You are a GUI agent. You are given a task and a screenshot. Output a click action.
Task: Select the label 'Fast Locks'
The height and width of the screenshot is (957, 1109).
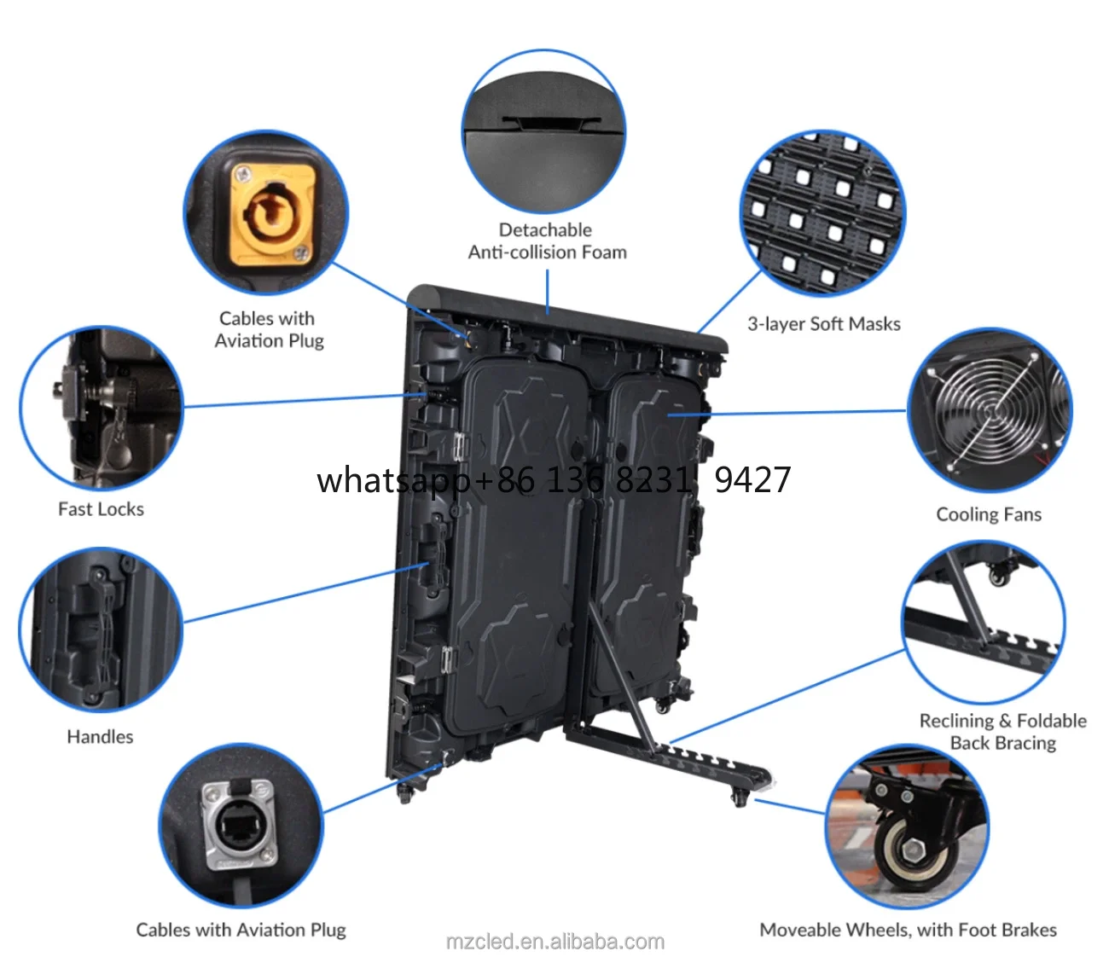(101, 509)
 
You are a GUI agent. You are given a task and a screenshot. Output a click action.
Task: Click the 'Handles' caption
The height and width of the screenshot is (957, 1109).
(100, 737)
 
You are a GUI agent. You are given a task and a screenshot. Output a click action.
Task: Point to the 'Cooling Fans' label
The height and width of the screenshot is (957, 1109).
(989, 514)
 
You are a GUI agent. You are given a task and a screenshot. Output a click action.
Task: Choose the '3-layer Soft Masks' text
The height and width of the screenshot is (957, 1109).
(823, 324)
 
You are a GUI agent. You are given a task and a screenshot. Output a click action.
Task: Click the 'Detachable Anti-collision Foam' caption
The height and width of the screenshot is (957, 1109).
(547, 241)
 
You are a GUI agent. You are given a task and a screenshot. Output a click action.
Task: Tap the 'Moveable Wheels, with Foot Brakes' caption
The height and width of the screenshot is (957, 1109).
(908, 930)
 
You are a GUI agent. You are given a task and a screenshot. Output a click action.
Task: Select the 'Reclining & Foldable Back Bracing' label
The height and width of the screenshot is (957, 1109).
(1002, 732)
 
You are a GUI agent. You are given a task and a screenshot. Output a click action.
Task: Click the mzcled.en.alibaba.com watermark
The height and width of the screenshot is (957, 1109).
(554, 942)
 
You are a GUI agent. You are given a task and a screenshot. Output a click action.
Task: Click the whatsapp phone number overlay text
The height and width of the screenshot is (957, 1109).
(554, 480)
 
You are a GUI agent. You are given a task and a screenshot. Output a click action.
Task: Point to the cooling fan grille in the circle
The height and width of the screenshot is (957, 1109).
(990, 410)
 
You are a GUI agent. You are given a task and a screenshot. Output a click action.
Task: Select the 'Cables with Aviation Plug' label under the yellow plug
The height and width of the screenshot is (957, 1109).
(269, 329)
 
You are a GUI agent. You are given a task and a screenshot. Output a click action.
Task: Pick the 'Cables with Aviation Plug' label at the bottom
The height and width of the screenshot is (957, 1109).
(241, 930)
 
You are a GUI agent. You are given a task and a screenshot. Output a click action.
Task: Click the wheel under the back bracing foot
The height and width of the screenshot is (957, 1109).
(740, 798)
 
